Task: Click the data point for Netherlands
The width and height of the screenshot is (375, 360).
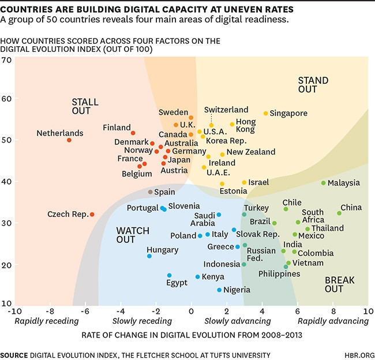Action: [x=69, y=140]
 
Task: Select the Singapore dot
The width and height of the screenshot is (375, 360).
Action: [x=266, y=114]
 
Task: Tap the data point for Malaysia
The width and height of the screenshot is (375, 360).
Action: [x=323, y=183]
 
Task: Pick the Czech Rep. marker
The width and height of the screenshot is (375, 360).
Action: [x=92, y=215]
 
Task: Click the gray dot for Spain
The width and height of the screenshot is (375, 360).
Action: [x=151, y=192]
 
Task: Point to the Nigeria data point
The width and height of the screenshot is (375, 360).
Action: [x=219, y=290]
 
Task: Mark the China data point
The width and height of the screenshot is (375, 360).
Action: [x=339, y=213]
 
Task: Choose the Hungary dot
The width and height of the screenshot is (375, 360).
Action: [x=149, y=256]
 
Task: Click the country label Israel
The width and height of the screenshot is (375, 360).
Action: [x=259, y=182]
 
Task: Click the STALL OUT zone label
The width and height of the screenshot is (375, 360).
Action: [x=85, y=107]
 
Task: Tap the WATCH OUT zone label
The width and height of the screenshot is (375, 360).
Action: [x=133, y=235]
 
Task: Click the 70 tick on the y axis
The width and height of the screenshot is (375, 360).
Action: [x=7, y=60]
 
